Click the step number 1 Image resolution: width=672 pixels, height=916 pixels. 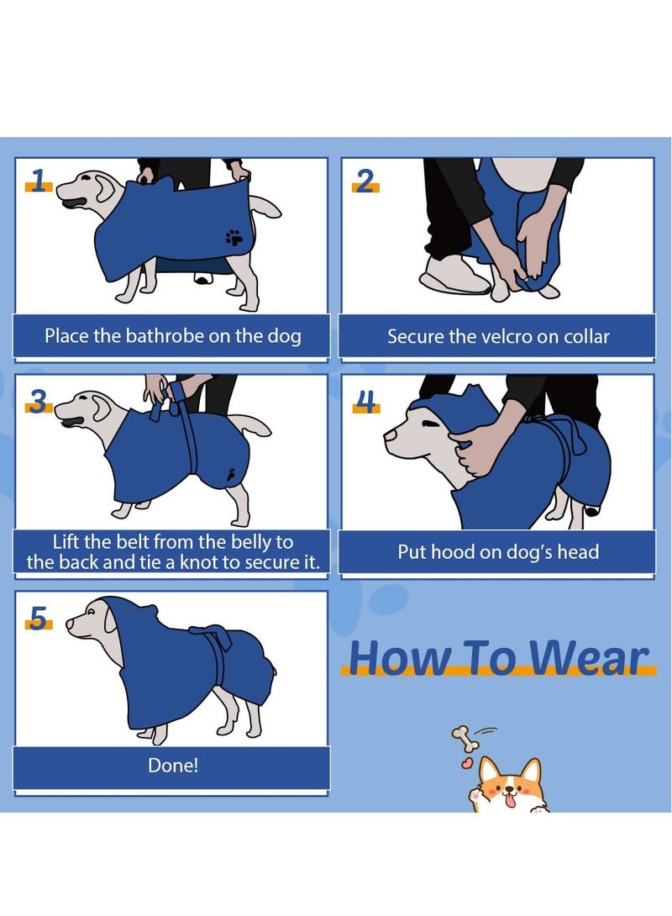tap(39, 181)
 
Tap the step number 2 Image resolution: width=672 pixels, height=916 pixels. tap(365, 181)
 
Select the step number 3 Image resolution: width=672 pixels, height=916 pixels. tap(38, 402)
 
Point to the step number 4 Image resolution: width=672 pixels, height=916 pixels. tap(365, 402)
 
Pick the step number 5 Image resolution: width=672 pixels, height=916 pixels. tap(38, 618)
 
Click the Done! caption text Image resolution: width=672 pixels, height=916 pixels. tap(173, 765)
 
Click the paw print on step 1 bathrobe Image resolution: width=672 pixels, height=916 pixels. tap(234, 237)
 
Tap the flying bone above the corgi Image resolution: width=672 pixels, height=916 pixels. tap(465, 739)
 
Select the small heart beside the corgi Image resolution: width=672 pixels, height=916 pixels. tap(466, 763)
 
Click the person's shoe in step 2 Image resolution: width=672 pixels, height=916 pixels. tap(454, 275)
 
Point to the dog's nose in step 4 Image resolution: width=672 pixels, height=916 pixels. tap(389, 435)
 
